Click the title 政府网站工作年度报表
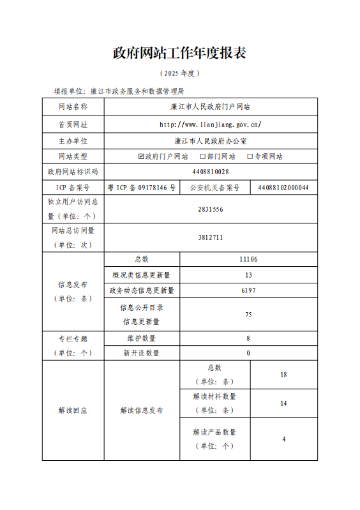(x=179, y=53)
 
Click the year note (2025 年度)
(x=179, y=74)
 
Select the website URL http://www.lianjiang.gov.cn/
(x=210, y=124)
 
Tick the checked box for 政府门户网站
(x=142, y=156)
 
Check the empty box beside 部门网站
(x=202, y=156)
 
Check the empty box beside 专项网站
(x=250, y=156)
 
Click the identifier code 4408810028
(x=210, y=172)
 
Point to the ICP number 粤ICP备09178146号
(x=142, y=188)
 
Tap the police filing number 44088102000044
(x=283, y=188)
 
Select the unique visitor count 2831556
(x=210, y=209)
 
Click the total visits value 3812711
(x=210, y=237)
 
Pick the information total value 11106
(x=248, y=259)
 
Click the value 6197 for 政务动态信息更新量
(x=248, y=290)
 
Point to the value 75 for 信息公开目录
(x=248, y=315)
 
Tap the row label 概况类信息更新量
(x=142, y=275)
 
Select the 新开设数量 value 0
(x=248, y=353)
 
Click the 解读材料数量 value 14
(x=283, y=403)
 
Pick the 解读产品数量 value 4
(x=283, y=439)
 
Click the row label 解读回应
(x=73, y=410)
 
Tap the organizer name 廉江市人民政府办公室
(x=210, y=140)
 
